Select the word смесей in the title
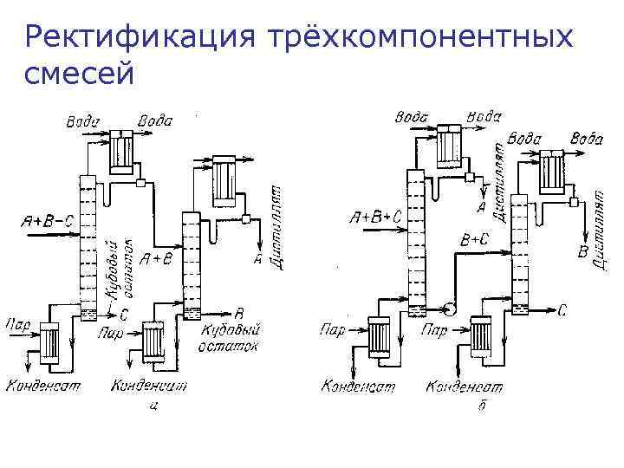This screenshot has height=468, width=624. point(79,75)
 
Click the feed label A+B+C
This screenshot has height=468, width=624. point(374,218)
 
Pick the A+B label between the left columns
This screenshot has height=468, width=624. point(157,257)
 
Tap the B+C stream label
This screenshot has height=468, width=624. point(475,239)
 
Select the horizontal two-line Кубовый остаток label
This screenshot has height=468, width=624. point(231,337)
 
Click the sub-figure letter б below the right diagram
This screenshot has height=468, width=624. point(482,406)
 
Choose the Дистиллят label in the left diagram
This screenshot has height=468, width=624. point(278,226)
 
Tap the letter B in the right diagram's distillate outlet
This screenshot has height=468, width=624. point(583,252)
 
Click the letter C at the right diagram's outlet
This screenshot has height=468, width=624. point(562,309)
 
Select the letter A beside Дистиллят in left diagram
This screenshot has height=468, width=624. point(257,259)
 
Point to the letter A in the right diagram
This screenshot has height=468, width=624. point(481,208)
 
